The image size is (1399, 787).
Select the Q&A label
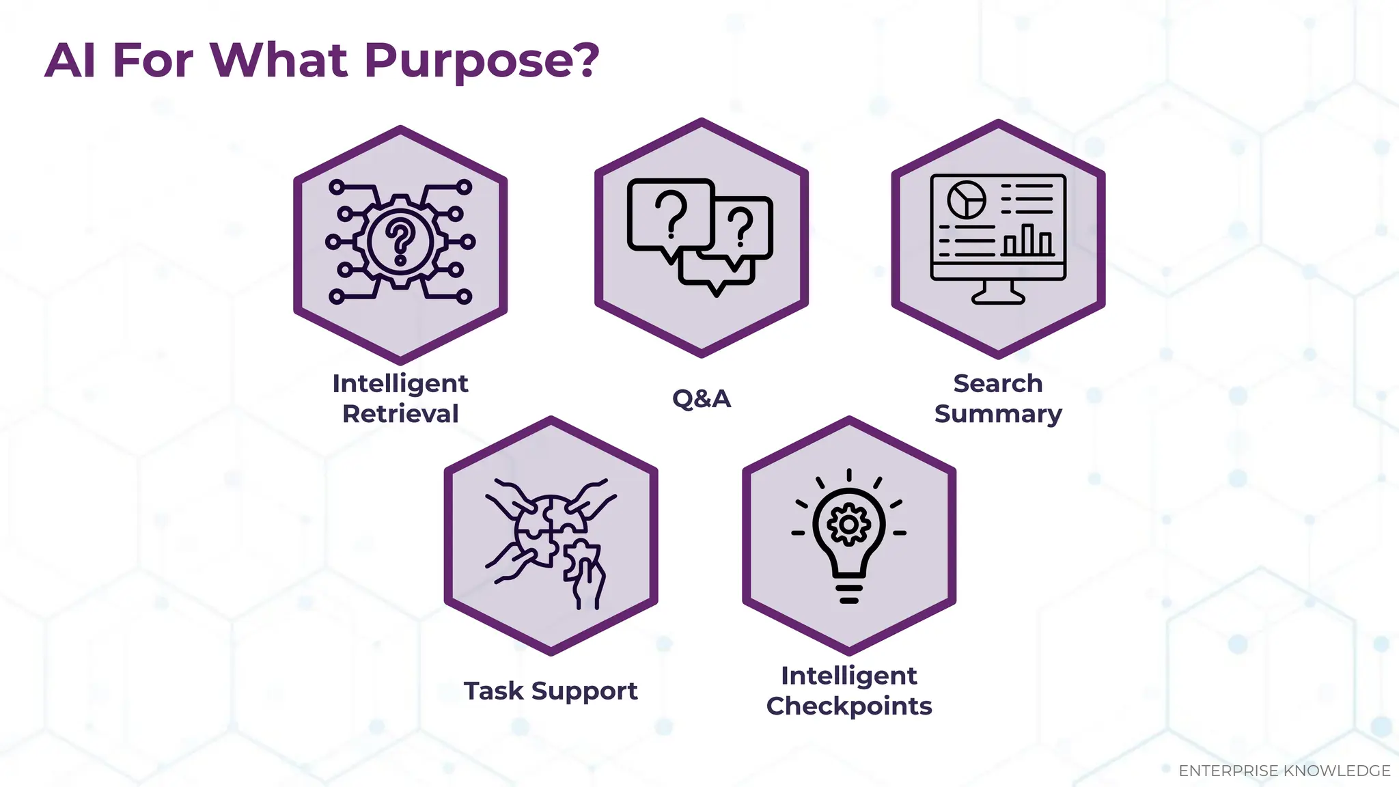[702, 398]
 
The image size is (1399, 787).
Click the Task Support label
[551, 691]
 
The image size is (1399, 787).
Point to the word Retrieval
[400, 414]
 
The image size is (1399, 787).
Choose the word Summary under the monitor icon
[998, 414]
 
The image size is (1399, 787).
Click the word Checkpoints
[849, 706]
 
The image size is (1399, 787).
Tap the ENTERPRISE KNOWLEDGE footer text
[1284, 771]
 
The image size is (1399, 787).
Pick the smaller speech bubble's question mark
[741, 227]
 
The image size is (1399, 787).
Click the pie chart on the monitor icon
[967, 199]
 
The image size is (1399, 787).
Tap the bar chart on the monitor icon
[1028, 240]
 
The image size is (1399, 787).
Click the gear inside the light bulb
[848, 525]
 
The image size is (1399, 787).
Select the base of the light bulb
[849, 593]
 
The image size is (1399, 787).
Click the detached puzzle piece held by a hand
[581, 560]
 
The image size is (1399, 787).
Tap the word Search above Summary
[998, 384]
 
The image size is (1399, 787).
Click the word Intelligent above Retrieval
[400, 384]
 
